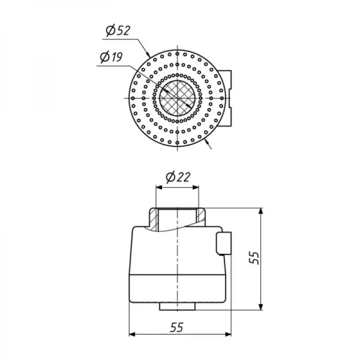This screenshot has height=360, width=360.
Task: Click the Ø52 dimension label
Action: point(118,31)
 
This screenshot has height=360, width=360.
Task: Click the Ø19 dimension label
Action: point(112,57)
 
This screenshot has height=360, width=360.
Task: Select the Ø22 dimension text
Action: point(178,177)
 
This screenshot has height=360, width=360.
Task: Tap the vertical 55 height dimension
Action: point(254,258)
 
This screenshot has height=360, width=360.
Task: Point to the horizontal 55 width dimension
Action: point(177,327)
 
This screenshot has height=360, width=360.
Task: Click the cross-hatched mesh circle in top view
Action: point(177,98)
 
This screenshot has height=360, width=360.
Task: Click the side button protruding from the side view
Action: point(223,244)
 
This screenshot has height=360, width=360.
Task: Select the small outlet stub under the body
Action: point(177,306)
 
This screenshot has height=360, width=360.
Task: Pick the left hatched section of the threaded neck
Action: point(154,219)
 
